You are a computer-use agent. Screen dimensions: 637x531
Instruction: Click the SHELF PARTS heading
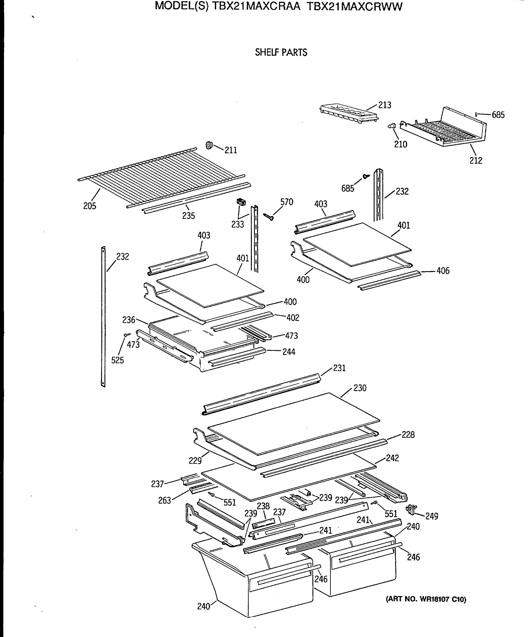point(281,52)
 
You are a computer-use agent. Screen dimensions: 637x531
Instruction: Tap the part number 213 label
point(384,105)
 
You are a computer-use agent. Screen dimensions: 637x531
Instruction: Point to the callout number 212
point(476,161)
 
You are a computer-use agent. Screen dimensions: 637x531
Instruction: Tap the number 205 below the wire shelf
point(89,206)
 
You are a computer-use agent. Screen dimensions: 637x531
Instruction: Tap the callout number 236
point(129,320)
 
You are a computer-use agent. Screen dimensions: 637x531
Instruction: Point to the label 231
point(339,368)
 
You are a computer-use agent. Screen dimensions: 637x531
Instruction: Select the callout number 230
point(360,388)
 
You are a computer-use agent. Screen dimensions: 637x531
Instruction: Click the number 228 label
point(408,435)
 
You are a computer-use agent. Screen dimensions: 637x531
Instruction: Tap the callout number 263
point(164,501)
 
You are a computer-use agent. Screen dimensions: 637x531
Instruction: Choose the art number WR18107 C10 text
point(426,599)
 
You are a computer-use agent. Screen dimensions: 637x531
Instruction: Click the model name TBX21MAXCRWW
point(354,6)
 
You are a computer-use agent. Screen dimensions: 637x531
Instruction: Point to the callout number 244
point(289,352)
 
